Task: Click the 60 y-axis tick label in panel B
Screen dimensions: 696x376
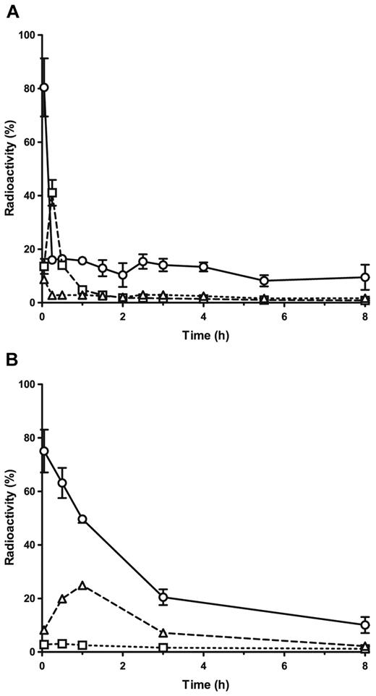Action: [29, 491]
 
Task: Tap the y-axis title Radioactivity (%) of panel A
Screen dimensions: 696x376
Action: [9, 168]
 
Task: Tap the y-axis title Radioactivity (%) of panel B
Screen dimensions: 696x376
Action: [9, 517]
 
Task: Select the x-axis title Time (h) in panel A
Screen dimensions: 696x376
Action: [204, 332]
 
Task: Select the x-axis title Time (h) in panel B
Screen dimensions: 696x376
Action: [204, 682]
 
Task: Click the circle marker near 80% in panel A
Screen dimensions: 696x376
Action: [44, 88]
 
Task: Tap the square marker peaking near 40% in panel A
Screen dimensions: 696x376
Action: [52, 192]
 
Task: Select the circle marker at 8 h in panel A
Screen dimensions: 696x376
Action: [365, 277]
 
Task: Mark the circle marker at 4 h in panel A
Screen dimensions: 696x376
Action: [204, 267]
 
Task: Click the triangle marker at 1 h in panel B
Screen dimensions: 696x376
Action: [82, 585]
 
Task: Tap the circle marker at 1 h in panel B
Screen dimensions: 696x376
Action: [82, 519]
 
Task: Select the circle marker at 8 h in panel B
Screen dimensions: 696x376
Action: [365, 625]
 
